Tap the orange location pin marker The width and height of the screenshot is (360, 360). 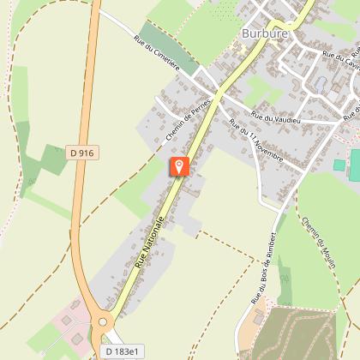point(178,166)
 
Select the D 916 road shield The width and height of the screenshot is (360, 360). point(80,153)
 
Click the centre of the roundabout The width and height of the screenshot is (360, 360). point(104,323)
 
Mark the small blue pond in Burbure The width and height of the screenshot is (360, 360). point(320,84)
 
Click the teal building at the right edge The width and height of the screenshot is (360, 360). point(339,164)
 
